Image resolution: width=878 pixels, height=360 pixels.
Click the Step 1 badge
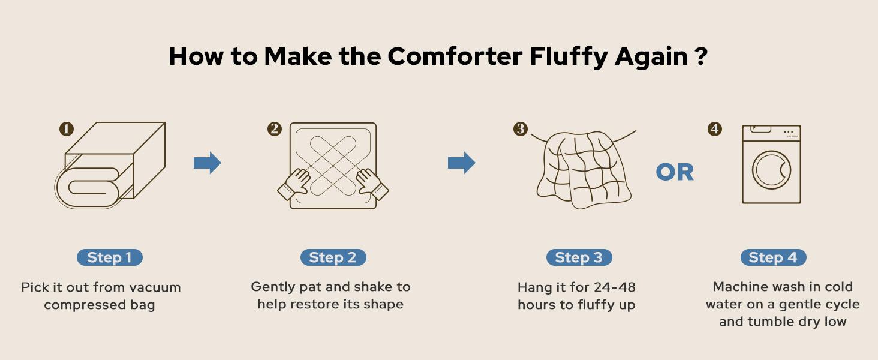point(109,257)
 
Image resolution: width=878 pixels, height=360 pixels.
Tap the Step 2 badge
point(333,257)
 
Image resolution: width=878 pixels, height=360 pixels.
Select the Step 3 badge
point(579,257)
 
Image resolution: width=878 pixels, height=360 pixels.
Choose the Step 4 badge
point(773,257)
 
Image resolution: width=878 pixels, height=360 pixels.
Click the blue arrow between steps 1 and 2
point(208,163)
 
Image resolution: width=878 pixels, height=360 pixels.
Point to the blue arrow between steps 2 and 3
point(461,163)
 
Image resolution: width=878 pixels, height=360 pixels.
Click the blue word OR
point(675,173)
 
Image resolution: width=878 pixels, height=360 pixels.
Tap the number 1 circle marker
point(66,129)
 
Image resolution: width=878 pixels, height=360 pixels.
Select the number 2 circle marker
point(275,129)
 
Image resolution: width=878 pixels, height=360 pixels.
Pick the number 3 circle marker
point(520,129)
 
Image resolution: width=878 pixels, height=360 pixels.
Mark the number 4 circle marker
point(715,129)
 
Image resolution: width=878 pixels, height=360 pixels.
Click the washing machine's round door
point(772,169)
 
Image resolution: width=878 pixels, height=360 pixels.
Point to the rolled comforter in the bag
point(87,187)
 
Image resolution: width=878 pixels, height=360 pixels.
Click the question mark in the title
point(701,56)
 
